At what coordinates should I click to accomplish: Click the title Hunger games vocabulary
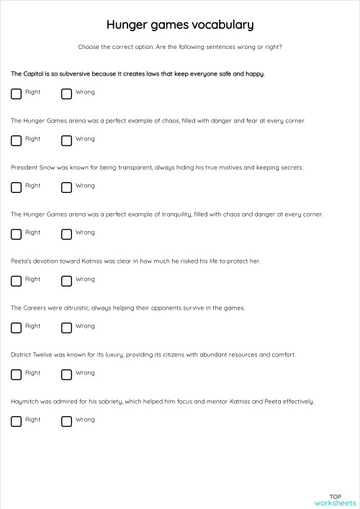[180, 25]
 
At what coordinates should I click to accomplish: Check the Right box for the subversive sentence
[16, 94]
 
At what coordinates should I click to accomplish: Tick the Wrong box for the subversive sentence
[66, 94]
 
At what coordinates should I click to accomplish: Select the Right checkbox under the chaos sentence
[16, 140]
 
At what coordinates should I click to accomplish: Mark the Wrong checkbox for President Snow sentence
[66, 187]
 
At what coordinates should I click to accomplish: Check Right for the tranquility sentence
[16, 234]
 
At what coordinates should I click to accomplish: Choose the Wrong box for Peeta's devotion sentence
[66, 281]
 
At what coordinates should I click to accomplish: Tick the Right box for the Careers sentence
[16, 328]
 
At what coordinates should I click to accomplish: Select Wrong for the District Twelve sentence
[66, 374]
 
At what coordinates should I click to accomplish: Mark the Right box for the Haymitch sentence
[16, 421]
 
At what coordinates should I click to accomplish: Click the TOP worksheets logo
[335, 500]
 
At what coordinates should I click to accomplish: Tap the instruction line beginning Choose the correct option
[180, 47]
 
